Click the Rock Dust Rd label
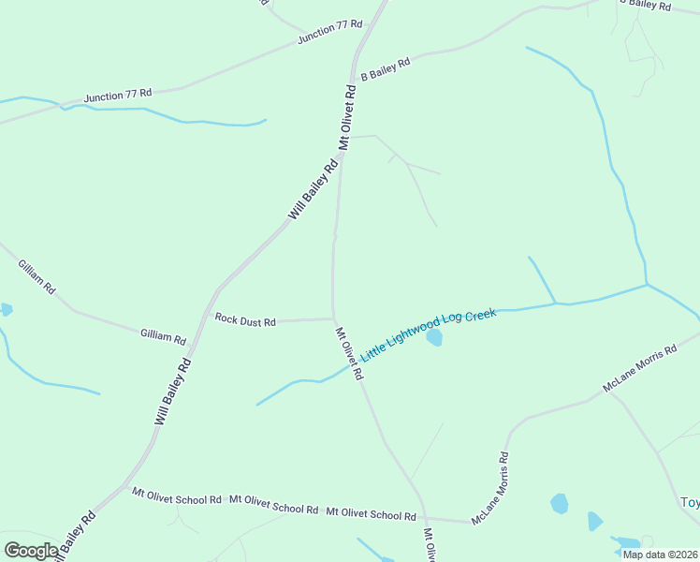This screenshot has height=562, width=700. coord(245,320)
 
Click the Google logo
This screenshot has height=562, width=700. coord(31,551)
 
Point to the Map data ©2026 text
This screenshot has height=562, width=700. coord(659,555)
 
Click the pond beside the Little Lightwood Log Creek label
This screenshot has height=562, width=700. coord(434,337)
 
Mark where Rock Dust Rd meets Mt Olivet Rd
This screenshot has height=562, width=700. coord(333,318)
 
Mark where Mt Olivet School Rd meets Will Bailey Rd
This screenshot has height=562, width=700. coord(125,486)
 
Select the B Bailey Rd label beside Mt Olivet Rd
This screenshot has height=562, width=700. coord(386,69)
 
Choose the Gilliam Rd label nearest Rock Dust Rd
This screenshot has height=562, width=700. coord(163,335)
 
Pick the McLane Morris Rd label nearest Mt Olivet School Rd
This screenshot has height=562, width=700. coord(490,488)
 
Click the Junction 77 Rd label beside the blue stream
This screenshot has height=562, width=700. coord(117,96)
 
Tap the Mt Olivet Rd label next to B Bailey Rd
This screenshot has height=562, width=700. coord(347,118)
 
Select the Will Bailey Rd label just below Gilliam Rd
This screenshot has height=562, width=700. coord(173,393)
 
